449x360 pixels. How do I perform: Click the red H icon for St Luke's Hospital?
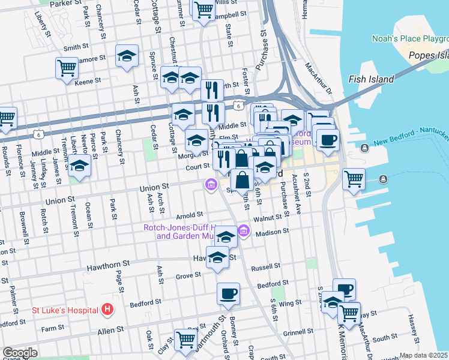pyautogui.click(x=107, y=310)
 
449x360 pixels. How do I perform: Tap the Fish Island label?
pyautogui.click(x=371, y=79)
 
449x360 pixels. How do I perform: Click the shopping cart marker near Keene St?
pyautogui.click(x=67, y=67)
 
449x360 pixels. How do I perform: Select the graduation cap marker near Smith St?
pyautogui.click(x=127, y=56)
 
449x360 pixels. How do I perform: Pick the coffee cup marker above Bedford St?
pyautogui.click(x=228, y=293)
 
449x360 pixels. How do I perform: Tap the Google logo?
pyautogui.click(x=20, y=352)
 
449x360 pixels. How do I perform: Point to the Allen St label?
pyautogui.click(x=110, y=329)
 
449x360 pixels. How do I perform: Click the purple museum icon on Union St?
pyautogui.click(x=211, y=184)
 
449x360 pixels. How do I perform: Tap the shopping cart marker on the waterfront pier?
pyautogui.click(x=354, y=178)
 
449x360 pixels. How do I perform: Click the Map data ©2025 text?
pyautogui.click(x=424, y=355)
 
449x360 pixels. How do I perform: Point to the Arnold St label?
pyautogui.click(x=190, y=215)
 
